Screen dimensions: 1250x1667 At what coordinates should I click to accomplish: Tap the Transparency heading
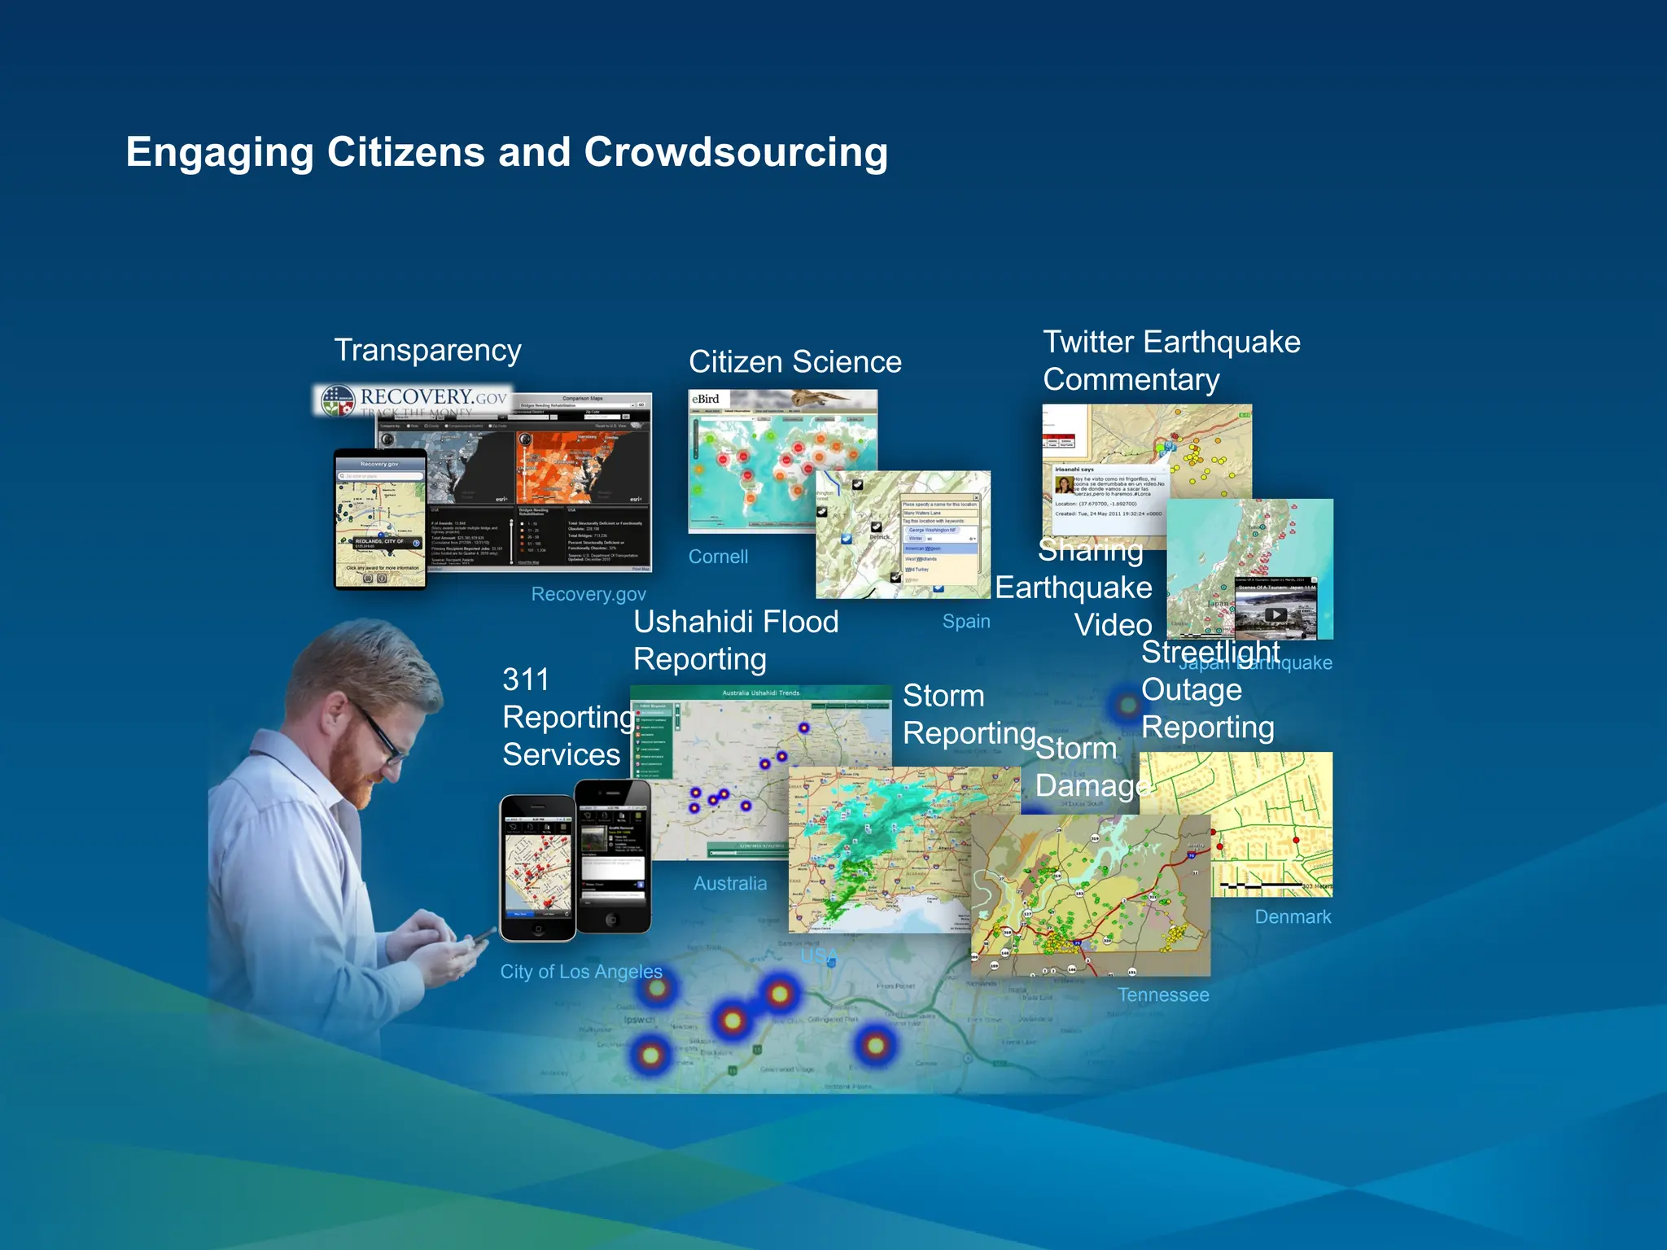click(x=427, y=350)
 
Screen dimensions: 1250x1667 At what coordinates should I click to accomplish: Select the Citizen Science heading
click(x=794, y=361)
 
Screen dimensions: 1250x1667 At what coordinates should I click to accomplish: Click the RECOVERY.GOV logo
click(x=413, y=399)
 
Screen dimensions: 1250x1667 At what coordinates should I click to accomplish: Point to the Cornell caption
click(x=718, y=557)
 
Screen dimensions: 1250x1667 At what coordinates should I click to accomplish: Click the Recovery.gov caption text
click(x=588, y=594)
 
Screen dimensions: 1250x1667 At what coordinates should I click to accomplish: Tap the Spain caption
click(x=966, y=621)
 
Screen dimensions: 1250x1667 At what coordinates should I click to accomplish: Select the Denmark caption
click(x=1292, y=916)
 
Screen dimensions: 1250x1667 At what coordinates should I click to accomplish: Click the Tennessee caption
click(x=1162, y=994)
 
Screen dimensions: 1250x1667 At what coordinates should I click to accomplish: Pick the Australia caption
click(x=729, y=883)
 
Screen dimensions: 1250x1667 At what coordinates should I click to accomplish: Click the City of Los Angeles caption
click(x=580, y=971)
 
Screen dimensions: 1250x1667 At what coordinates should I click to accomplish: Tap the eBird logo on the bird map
click(x=707, y=399)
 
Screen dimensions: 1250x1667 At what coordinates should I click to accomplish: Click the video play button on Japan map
click(x=1275, y=615)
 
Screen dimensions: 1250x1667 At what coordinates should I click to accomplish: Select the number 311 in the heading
click(x=526, y=680)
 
